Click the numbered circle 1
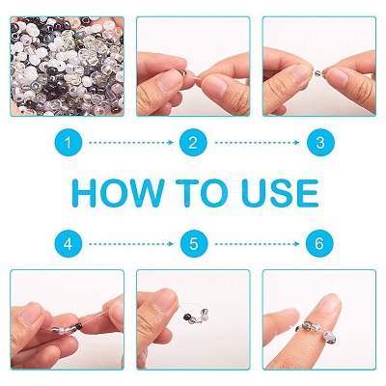(x=69, y=143)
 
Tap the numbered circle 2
(x=193, y=143)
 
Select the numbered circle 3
(x=320, y=143)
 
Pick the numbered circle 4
(x=69, y=244)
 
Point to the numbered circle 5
(x=194, y=244)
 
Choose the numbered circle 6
(x=319, y=244)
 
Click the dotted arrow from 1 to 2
(x=131, y=143)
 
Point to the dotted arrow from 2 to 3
(x=258, y=143)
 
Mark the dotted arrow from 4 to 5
(x=131, y=244)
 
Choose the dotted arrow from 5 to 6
(x=258, y=244)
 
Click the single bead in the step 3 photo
(x=317, y=72)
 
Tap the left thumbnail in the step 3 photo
(x=301, y=73)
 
